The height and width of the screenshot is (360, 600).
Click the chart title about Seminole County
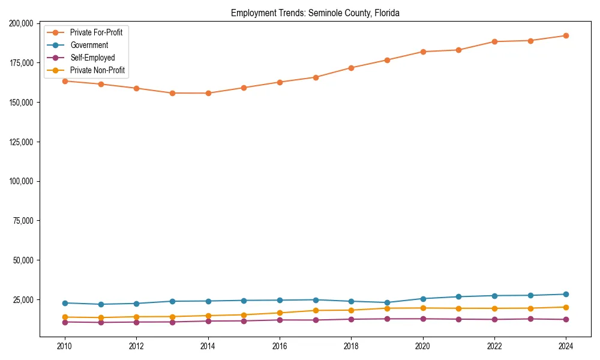tap(315, 13)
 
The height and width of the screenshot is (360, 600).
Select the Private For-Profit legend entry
tap(96, 32)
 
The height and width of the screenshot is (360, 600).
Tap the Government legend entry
tap(89, 45)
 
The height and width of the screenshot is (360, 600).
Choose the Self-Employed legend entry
tap(92, 58)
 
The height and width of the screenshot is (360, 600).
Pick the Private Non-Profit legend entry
tap(97, 70)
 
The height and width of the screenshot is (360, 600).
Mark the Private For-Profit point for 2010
tap(65, 81)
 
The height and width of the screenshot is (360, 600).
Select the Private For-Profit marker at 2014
tap(208, 93)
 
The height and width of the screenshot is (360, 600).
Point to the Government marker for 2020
tap(423, 299)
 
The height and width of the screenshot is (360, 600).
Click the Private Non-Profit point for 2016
tap(280, 313)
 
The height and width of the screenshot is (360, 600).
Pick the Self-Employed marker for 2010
tap(65, 322)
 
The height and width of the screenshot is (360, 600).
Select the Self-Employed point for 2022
tap(494, 319)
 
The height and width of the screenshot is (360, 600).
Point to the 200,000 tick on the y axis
tap(22, 23)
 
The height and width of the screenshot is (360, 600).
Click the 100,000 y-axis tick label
tap(22, 181)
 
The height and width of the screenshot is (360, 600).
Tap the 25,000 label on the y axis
tap(23, 299)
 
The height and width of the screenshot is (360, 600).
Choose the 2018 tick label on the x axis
tap(351, 346)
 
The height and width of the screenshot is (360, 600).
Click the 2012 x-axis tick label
tap(136, 346)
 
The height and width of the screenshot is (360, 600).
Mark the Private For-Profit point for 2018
tap(351, 68)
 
